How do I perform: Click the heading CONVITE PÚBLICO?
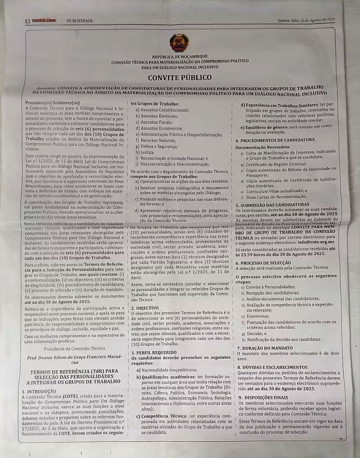tap(179, 78)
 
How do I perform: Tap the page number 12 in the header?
tap(27, 21)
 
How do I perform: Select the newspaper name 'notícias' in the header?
tap(44, 20)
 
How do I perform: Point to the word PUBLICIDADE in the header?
tap(80, 21)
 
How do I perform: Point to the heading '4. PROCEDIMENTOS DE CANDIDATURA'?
tap(282, 140)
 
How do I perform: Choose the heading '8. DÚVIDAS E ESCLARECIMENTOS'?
tap(279, 367)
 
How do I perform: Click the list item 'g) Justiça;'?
tap(146, 152)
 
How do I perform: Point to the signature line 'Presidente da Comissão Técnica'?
tap(74, 349)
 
